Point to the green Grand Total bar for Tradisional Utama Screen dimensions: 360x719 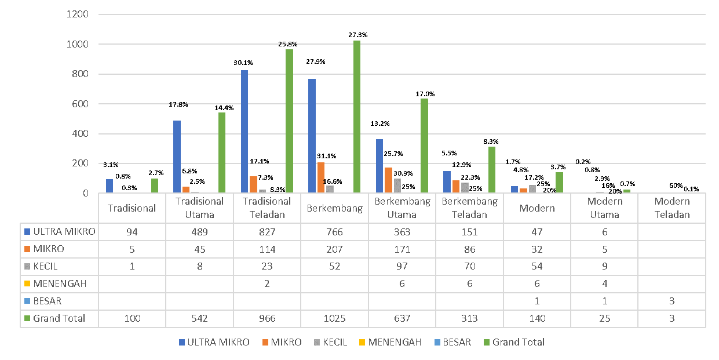click(222, 153)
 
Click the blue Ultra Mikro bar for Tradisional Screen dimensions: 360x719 click(110, 186)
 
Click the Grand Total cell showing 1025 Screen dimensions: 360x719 click(334, 318)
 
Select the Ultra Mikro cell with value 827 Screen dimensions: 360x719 click(267, 232)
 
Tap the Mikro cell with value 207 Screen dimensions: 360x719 click(334, 249)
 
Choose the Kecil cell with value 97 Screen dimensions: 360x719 click(402, 267)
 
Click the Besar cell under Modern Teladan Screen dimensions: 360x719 click(672, 301)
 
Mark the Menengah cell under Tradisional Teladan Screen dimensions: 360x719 click(267, 283)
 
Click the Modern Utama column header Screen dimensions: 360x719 click(604, 208)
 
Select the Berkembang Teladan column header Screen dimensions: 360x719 click(469, 208)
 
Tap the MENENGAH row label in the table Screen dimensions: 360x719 click(59, 283)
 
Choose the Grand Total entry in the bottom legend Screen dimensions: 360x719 click(518, 342)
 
